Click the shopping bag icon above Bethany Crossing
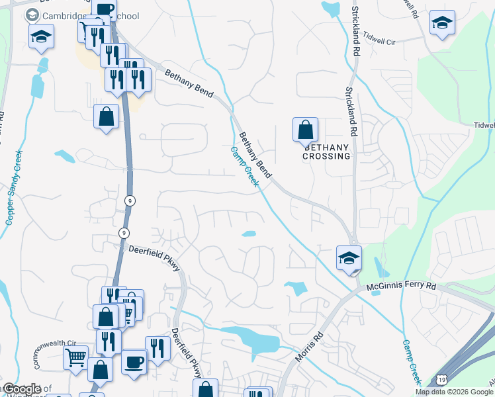pos(305,129)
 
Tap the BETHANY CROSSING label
pos(326,152)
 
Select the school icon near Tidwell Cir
pos(441,22)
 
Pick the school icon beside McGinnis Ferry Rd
pos(349,258)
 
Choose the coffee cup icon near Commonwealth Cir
pos(134,362)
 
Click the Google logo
pos(21,389)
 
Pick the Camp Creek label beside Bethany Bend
pos(245,167)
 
